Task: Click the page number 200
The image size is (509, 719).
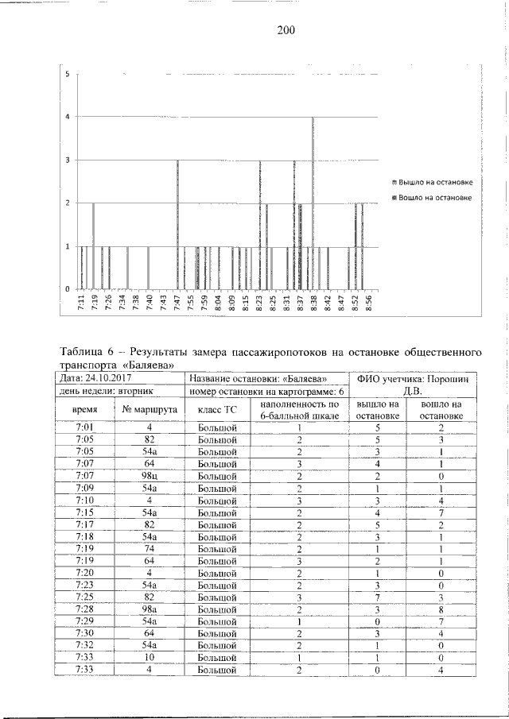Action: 286,31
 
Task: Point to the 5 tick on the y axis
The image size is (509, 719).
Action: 68,75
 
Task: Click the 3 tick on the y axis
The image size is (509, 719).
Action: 68,160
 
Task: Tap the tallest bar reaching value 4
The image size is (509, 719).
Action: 313,203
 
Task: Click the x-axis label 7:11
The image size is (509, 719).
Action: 82,302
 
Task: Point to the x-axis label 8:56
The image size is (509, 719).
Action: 368,302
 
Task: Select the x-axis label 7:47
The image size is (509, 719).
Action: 177,302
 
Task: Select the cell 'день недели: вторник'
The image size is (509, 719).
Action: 105,391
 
